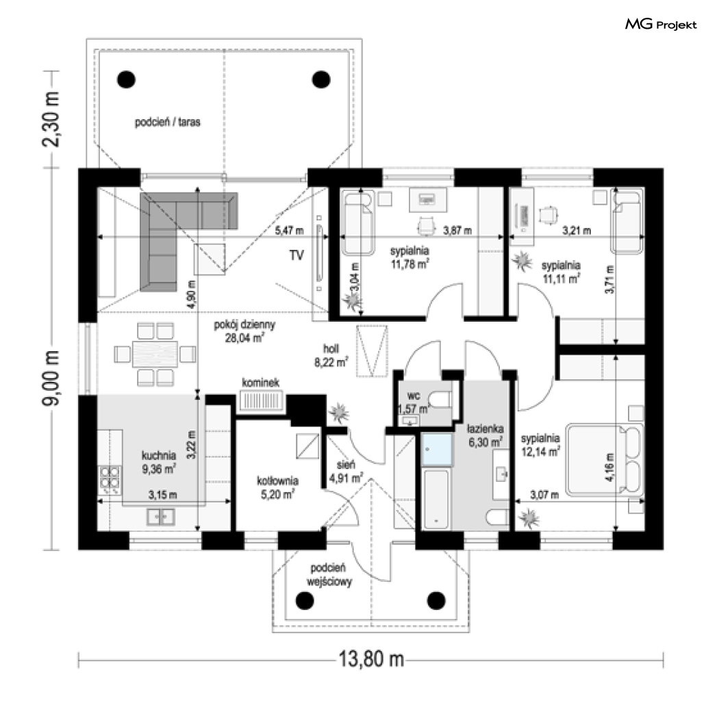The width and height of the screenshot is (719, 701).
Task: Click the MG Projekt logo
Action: point(661,24)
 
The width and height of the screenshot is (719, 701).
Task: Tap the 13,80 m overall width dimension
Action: point(371,659)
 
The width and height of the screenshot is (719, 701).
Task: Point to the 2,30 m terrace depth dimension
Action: point(51,119)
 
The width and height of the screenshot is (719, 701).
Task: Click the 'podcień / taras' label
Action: point(167,122)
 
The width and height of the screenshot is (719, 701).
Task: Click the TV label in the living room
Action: point(297,255)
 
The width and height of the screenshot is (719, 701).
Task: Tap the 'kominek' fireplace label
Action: point(260,383)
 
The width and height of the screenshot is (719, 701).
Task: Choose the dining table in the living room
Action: point(155,353)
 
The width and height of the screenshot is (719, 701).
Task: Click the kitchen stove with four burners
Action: point(110,477)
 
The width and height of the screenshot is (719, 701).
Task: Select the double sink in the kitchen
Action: point(160,517)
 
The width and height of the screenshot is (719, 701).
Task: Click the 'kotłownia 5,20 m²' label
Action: point(277,487)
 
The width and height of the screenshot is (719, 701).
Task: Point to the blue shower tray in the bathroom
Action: point(437,449)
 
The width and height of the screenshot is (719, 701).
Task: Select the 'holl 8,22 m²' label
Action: point(331,355)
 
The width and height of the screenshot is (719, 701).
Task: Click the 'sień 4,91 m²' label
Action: point(346,471)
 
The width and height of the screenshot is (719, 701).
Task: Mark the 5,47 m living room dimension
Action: point(289,230)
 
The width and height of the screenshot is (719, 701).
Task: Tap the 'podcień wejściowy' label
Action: point(329,575)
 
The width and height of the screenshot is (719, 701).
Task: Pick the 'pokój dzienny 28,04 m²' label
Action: point(244,331)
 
